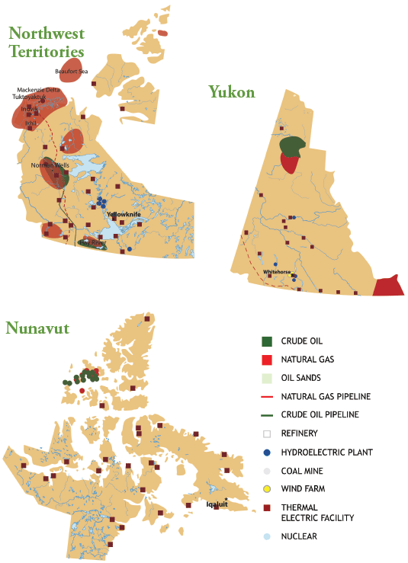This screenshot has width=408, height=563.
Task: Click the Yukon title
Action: coord(232,92)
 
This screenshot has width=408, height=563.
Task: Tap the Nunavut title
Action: coord(39,328)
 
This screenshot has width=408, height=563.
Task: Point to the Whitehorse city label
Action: coord(277,272)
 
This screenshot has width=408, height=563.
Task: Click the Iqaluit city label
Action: coord(217,504)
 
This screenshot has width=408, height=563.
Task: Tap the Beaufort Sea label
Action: coord(71,71)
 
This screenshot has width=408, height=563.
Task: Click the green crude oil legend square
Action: coord(266,341)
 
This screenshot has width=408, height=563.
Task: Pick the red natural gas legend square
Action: coord(266,360)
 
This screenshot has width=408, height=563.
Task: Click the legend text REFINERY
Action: coord(299,433)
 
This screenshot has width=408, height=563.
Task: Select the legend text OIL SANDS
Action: coord(300,378)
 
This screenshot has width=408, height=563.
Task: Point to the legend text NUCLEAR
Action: coord(298,536)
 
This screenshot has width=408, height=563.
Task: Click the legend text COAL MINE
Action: coord(301,471)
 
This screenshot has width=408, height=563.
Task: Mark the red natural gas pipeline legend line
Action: coord(266,397)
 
